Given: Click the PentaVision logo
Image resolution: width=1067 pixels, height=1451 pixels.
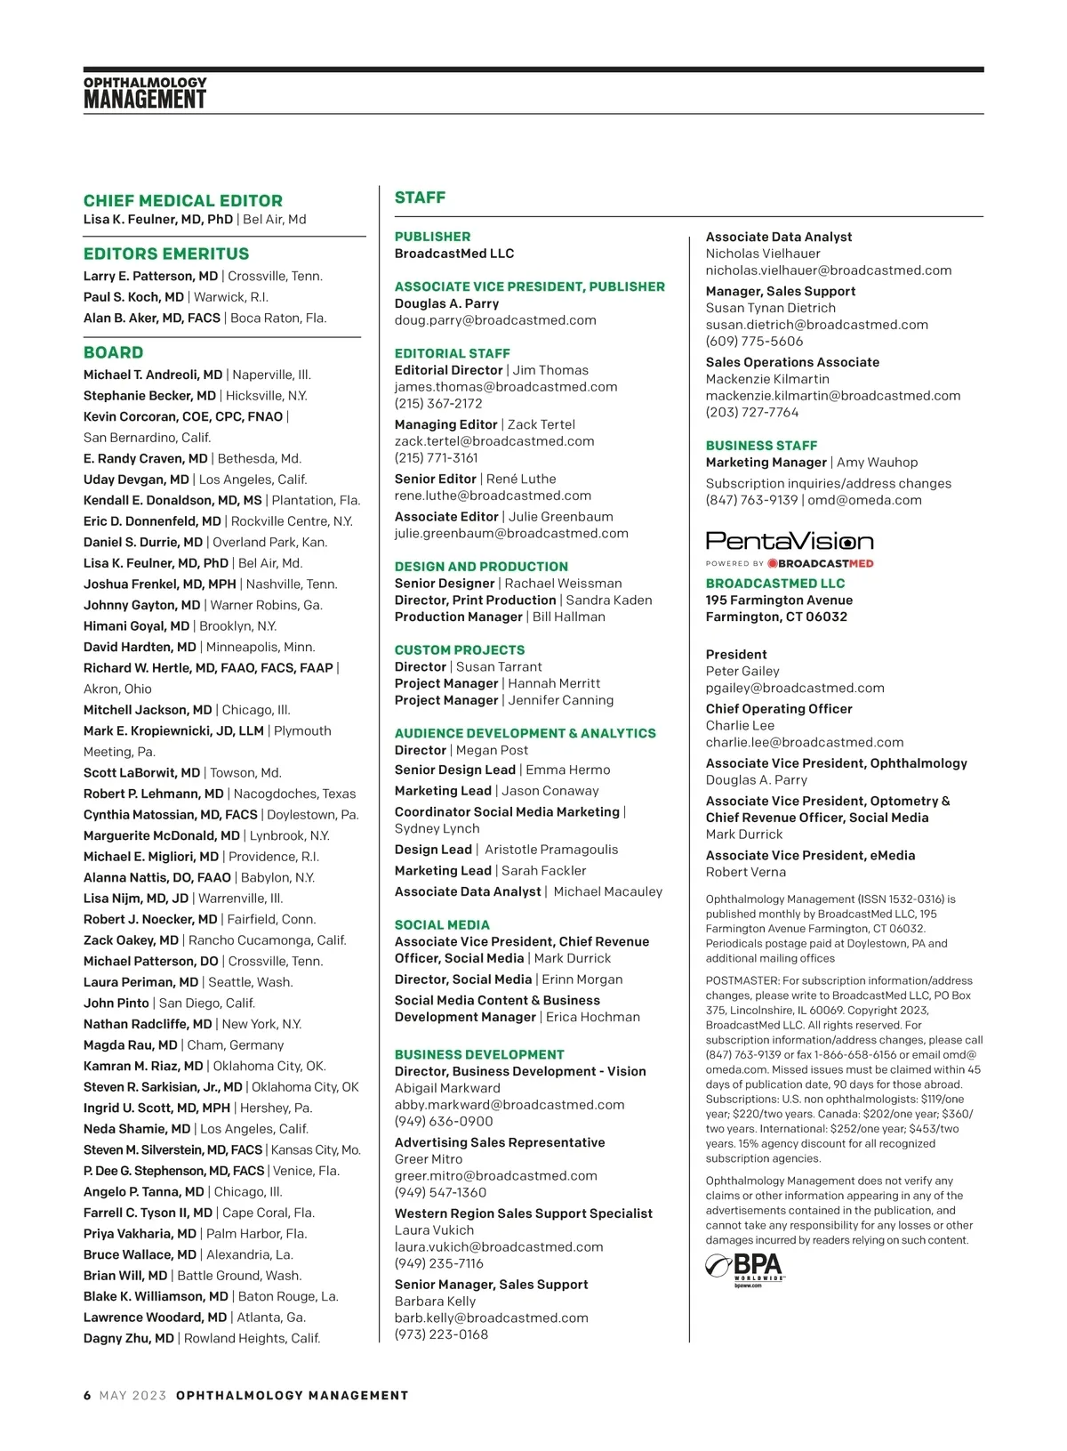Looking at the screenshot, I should point(790,541).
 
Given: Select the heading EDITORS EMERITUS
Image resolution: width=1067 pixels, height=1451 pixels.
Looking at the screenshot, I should point(166,254).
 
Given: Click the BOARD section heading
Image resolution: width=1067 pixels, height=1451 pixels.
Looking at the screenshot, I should point(113,353).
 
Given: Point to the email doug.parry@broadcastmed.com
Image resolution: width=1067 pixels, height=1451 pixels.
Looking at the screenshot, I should point(495,320).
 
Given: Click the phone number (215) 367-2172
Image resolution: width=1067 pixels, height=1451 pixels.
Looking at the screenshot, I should point(438,404).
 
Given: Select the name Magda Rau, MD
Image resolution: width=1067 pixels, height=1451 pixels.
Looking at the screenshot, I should point(131,1045).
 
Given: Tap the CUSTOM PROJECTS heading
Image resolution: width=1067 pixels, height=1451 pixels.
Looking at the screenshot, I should point(460,650).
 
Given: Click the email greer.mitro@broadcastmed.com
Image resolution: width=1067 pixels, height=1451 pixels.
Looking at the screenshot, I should point(496,1176).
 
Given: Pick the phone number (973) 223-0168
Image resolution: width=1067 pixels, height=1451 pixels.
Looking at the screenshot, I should point(441,1334).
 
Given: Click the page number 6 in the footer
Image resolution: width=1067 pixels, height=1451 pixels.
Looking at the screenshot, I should point(87,1396).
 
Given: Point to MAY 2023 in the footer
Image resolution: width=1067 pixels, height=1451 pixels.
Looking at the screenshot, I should point(133,1396).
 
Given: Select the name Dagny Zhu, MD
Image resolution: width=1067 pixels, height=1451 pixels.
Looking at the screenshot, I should point(129,1339).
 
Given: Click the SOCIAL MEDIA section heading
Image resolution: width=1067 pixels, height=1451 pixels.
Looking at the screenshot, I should point(442,925).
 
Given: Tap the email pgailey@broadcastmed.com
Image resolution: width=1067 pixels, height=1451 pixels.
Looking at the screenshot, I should point(795,689).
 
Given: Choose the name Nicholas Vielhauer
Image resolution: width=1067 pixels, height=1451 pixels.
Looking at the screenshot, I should point(763,254).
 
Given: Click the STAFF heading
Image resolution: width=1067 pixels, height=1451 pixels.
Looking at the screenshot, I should point(420,198).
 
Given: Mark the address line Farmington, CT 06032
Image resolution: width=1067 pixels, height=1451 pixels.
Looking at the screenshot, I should point(776,617).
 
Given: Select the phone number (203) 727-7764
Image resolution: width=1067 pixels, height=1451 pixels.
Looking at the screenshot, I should point(752,413).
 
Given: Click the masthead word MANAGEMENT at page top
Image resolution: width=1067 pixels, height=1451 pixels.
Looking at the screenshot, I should point(145,100).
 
